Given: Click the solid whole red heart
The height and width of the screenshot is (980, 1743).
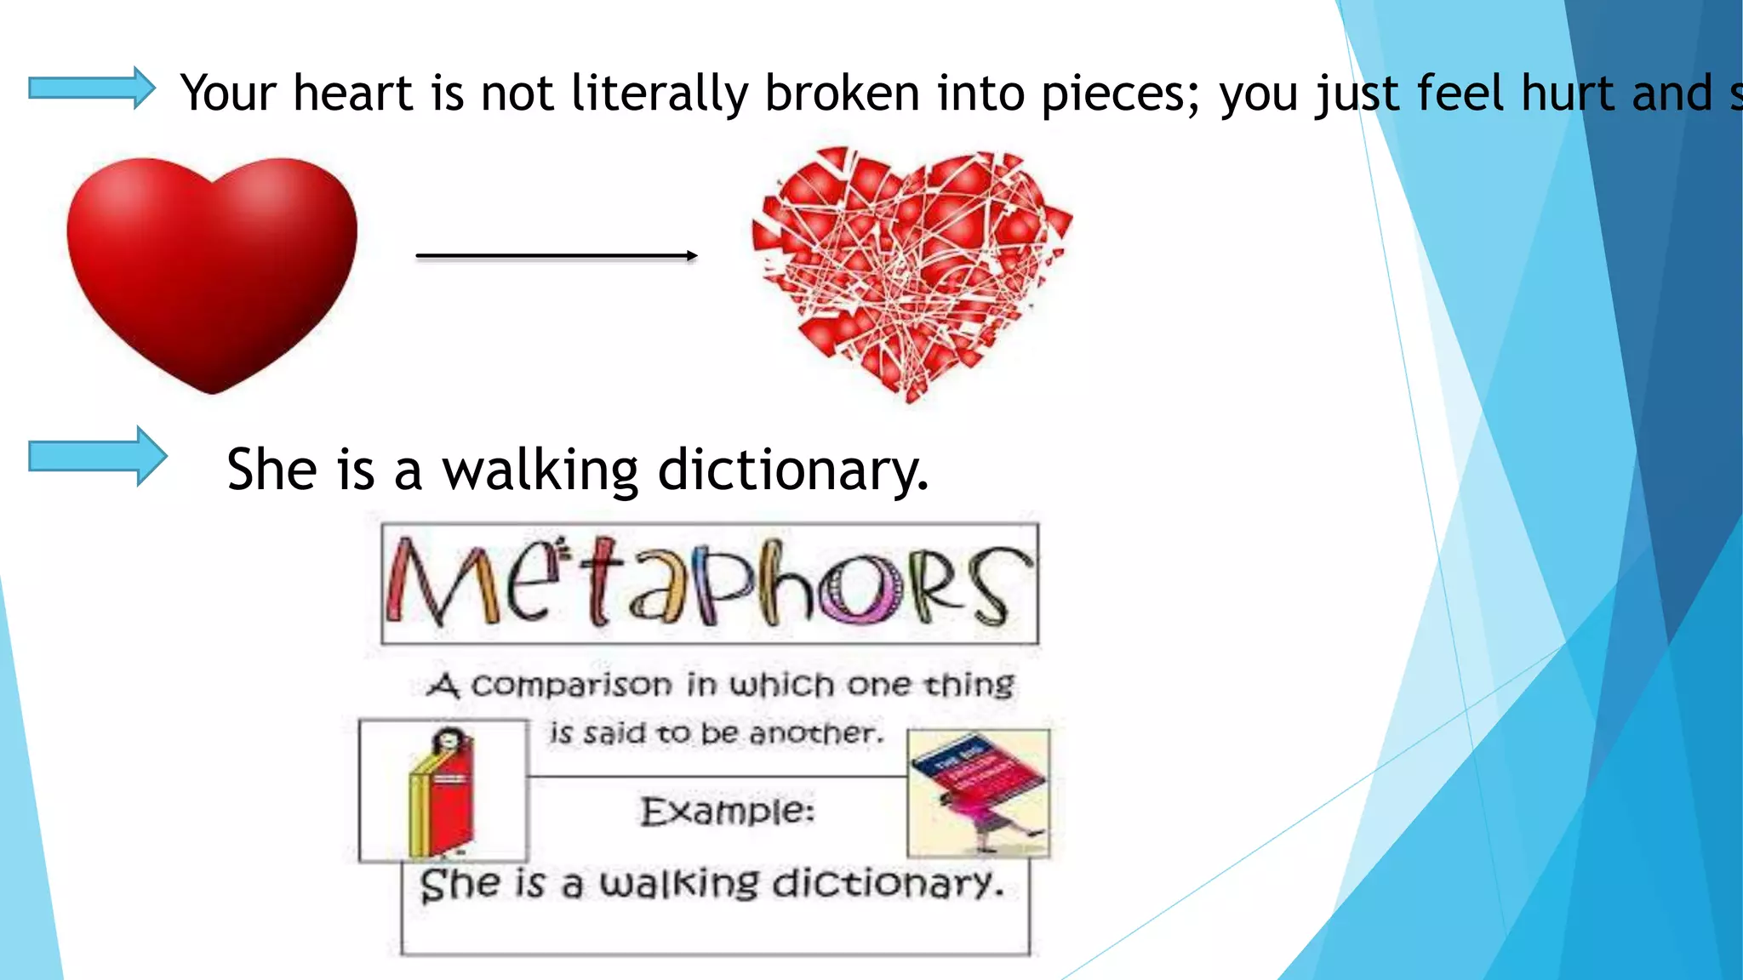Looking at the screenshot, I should pyautogui.click(x=212, y=272).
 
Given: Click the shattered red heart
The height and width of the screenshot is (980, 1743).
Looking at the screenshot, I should pyautogui.click(x=911, y=272).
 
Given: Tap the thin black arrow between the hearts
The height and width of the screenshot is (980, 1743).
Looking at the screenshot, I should pyautogui.click(x=557, y=255).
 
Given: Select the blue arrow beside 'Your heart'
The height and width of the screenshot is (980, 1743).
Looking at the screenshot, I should pyautogui.click(x=92, y=88).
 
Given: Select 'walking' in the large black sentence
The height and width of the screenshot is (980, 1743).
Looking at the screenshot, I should pyautogui.click(x=540, y=470).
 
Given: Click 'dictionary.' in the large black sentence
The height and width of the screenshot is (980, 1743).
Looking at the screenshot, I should pyautogui.click(x=793, y=470).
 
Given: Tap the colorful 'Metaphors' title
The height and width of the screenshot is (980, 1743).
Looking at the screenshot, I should pyautogui.click(x=710, y=584).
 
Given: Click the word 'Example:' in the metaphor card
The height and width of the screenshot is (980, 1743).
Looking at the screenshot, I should pyautogui.click(x=728, y=811).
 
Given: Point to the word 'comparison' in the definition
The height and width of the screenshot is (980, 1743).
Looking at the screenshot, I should pyautogui.click(x=571, y=685).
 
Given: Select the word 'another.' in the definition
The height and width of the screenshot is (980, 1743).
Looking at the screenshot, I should pyautogui.click(x=817, y=732).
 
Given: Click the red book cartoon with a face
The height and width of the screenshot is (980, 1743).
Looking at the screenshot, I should pyautogui.click(x=442, y=792).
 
